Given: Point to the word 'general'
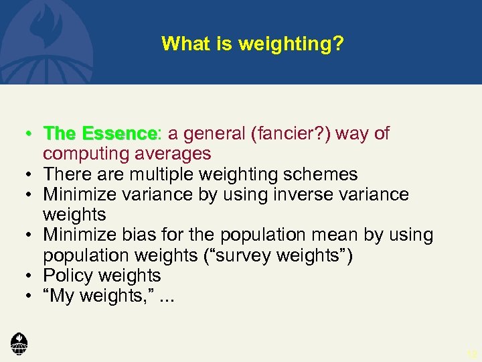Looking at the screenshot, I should [x=214, y=133].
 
